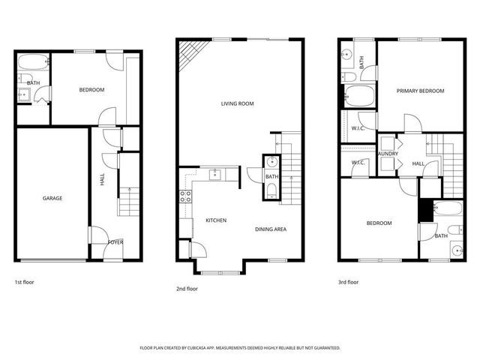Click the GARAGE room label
(x=52, y=198)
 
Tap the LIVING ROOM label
(x=237, y=103)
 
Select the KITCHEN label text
(x=216, y=220)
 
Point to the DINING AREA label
(x=271, y=229)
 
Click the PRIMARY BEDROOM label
(x=420, y=91)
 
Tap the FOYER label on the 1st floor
(x=115, y=242)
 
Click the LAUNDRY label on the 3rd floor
(x=388, y=154)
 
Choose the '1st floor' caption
(x=24, y=283)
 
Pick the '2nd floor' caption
(x=187, y=288)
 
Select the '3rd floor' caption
(x=349, y=283)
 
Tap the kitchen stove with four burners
(x=184, y=199)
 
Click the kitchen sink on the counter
(x=214, y=175)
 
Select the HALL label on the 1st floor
(x=103, y=179)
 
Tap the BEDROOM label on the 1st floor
(x=91, y=90)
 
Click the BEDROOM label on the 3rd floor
(x=379, y=223)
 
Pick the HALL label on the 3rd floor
(x=418, y=163)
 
